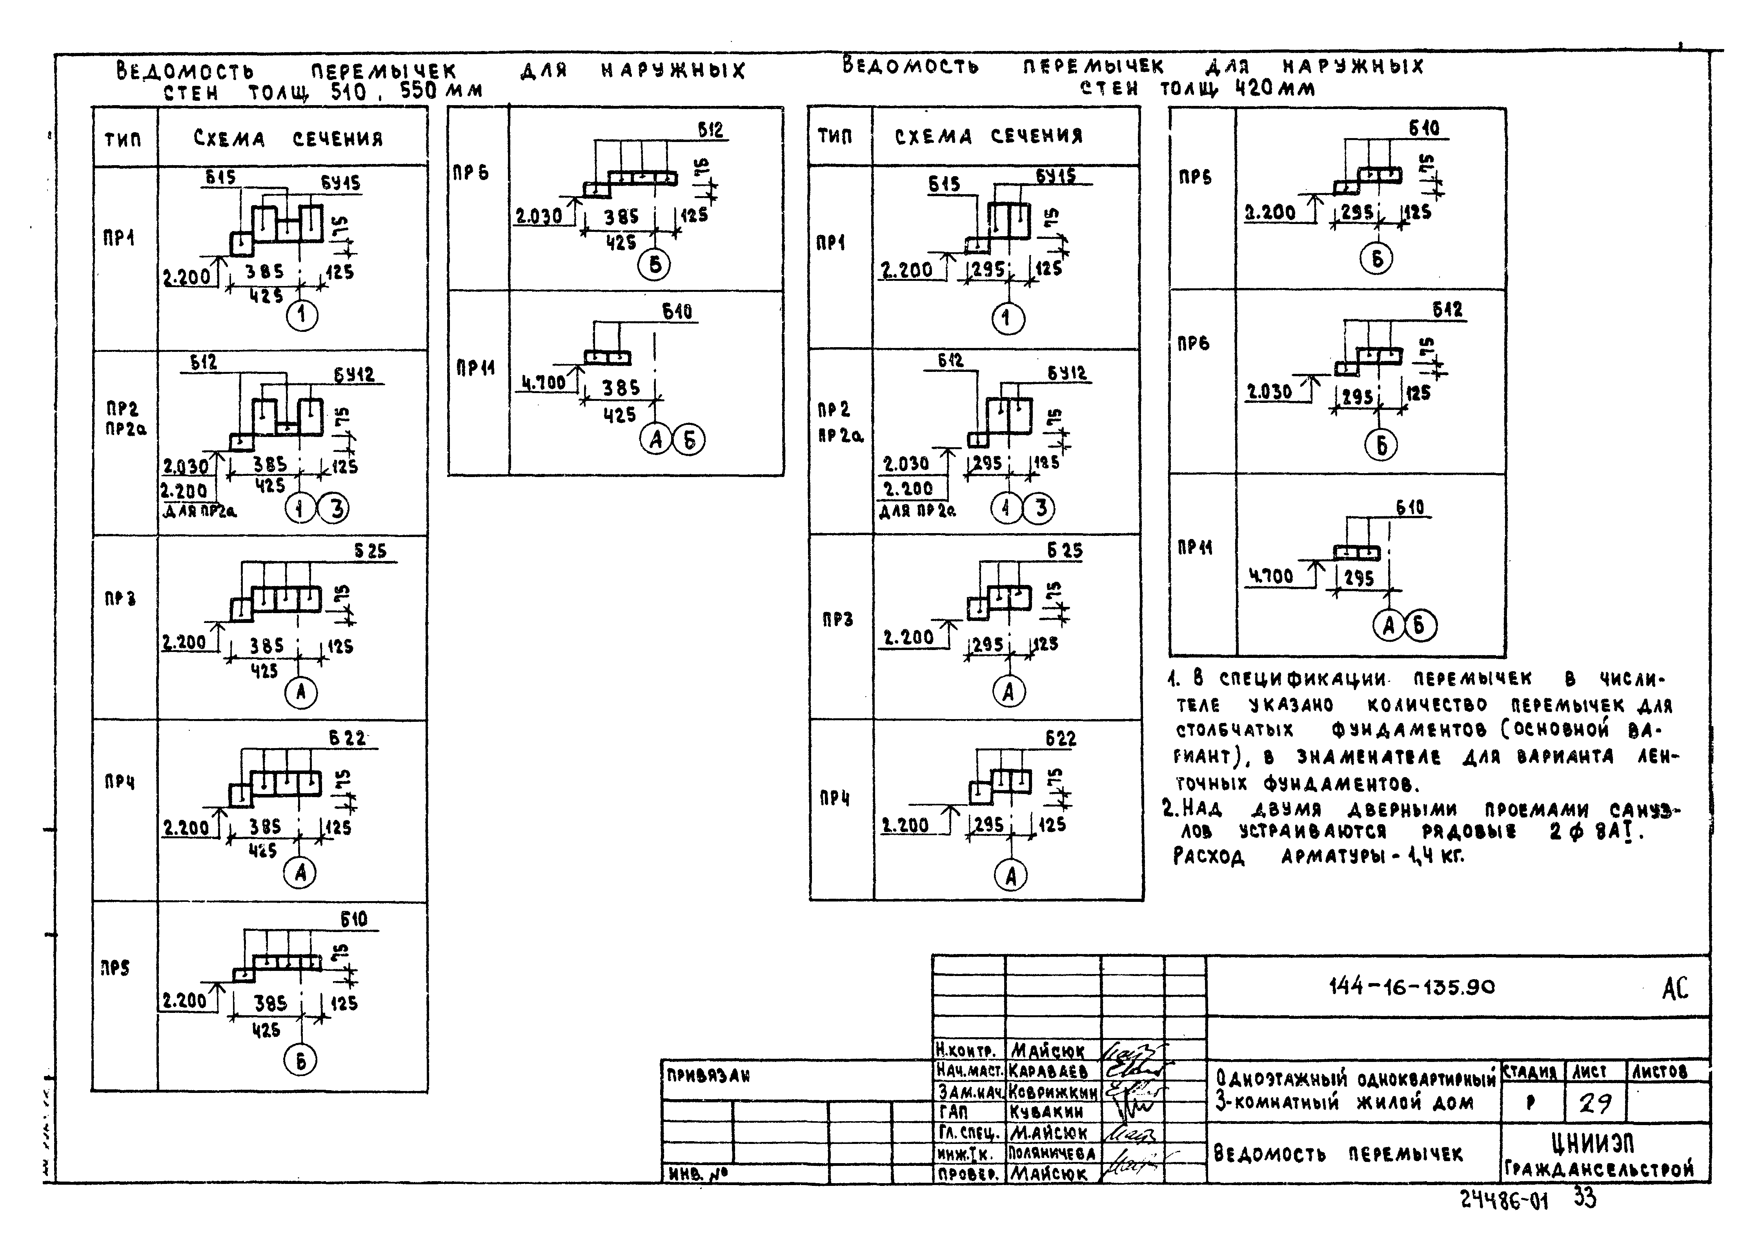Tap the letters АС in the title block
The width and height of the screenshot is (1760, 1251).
1674,988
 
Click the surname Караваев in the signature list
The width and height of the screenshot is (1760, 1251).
1049,1071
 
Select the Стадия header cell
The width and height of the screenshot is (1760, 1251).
1531,1071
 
